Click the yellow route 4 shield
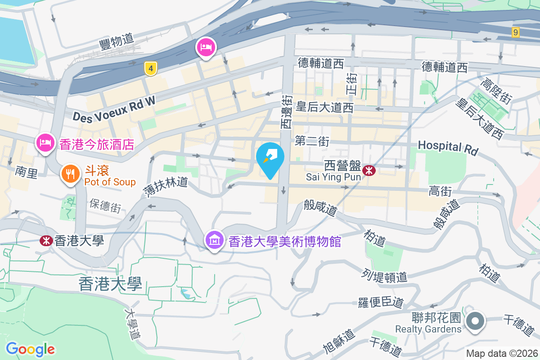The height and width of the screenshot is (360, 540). tap(151, 69)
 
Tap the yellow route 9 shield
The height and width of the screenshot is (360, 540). tap(515, 32)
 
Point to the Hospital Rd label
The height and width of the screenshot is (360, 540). tap(448, 147)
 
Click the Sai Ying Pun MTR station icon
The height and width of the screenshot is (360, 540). tap(369, 170)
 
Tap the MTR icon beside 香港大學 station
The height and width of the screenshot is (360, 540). tap(46, 241)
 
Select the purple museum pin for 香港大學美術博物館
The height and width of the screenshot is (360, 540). tap(215, 239)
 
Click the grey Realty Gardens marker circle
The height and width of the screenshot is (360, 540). tap(475, 322)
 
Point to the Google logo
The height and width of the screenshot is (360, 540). tap(30, 349)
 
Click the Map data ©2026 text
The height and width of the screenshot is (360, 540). tap(502, 354)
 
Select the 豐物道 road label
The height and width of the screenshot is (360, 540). tap(117, 42)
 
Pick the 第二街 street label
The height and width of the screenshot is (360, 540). tap(312, 142)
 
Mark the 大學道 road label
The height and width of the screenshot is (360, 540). tap(134, 323)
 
